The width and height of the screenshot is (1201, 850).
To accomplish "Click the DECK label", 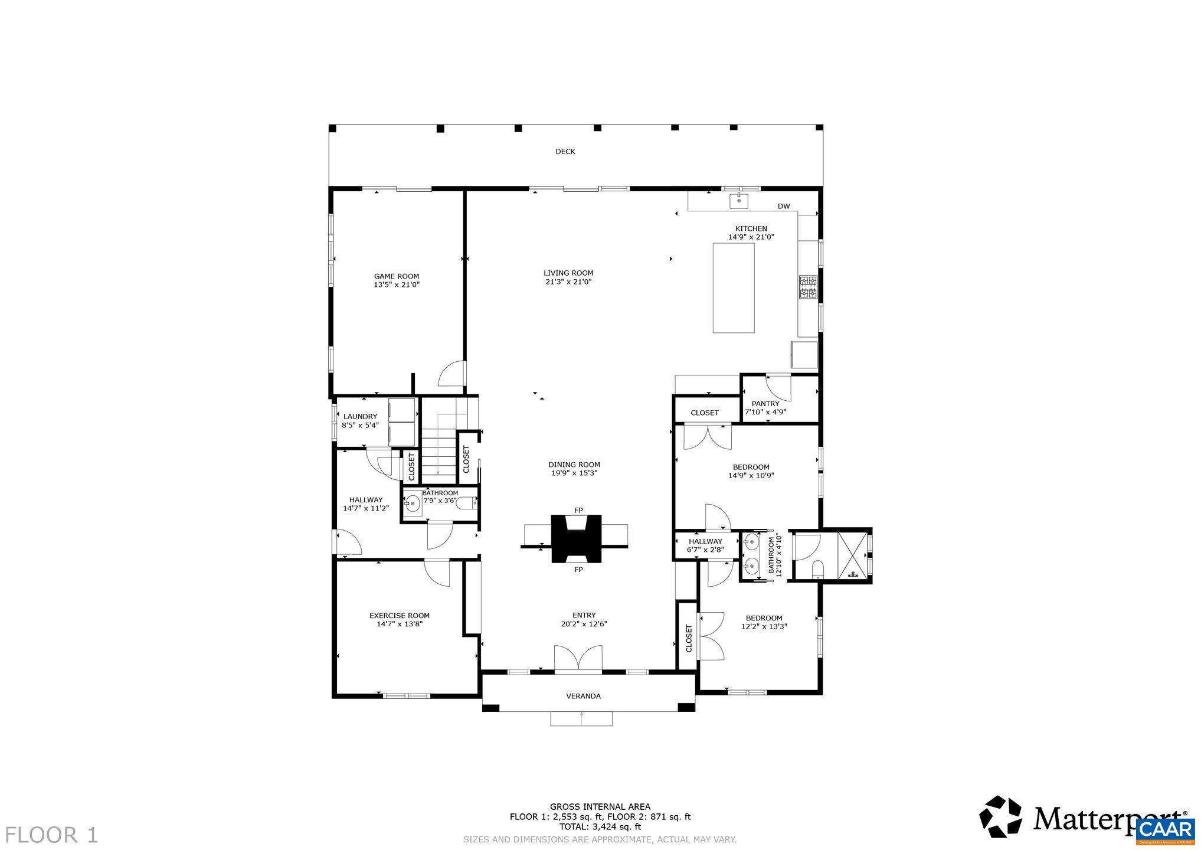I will click(565, 152).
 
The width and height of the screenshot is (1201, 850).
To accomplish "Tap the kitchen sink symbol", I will click(738, 201).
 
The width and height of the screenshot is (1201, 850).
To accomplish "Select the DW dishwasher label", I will click(783, 207).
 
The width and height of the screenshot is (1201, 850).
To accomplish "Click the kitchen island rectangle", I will click(733, 287).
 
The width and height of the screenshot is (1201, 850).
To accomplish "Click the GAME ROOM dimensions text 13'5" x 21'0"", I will click(396, 285).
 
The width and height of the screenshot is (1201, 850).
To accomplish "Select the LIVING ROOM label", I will click(568, 273).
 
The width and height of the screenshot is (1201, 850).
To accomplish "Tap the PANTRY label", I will click(765, 404).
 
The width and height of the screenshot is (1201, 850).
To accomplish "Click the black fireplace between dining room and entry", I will click(576, 538).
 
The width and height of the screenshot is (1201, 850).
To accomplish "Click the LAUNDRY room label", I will click(360, 417).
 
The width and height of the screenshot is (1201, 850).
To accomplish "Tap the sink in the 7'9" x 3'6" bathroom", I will click(412, 504).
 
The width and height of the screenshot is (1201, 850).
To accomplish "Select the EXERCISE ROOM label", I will click(399, 616).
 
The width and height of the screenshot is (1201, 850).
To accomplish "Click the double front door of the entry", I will click(578, 659).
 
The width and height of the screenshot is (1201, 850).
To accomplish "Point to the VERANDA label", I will click(583, 697).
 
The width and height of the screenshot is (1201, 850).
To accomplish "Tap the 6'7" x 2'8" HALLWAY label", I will click(705, 541).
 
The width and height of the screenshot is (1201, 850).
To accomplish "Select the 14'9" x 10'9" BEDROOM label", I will click(751, 467).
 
